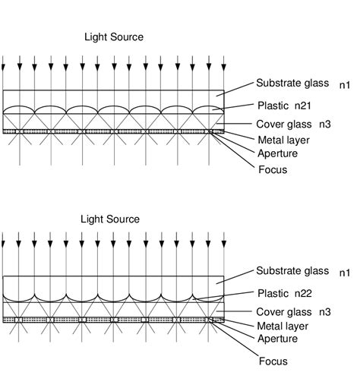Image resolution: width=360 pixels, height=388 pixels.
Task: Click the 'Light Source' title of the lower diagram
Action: [x=110, y=219]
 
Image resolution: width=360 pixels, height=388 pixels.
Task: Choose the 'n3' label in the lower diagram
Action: [x=345, y=311]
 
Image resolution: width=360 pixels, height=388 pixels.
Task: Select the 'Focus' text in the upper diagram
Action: [x=273, y=169]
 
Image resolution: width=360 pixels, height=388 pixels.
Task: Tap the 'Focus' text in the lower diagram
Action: [x=273, y=361]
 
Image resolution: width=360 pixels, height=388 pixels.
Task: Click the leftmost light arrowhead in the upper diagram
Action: [x=4, y=70]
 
